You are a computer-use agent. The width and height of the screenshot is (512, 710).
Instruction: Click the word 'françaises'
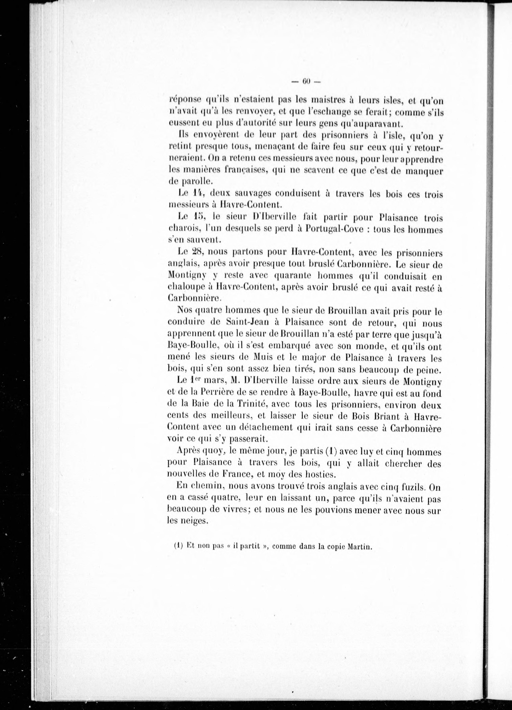(244, 171)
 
